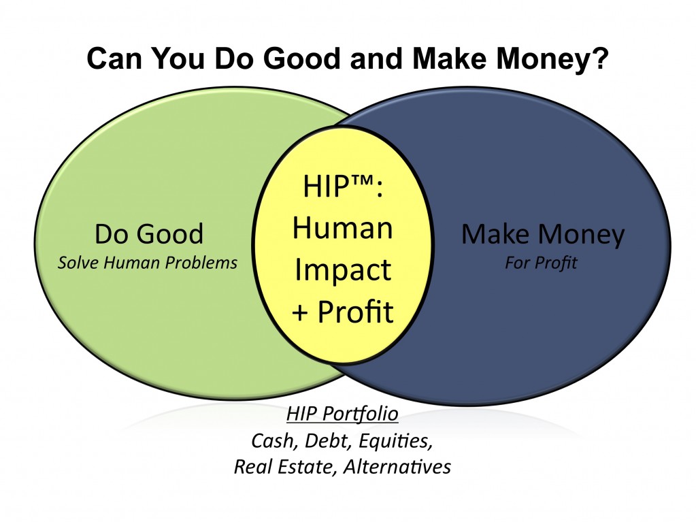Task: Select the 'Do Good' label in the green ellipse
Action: (x=149, y=233)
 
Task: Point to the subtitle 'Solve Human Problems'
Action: (x=148, y=263)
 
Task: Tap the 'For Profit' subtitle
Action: (x=541, y=263)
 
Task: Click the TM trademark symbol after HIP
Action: (x=358, y=180)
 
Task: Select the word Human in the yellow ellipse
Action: (x=343, y=228)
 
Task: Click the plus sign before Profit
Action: (x=300, y=312)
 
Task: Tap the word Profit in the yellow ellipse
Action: (x=356, y=311)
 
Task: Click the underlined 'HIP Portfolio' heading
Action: (x=342, y=414)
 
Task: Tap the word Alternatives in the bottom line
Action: (x=397, y=467)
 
